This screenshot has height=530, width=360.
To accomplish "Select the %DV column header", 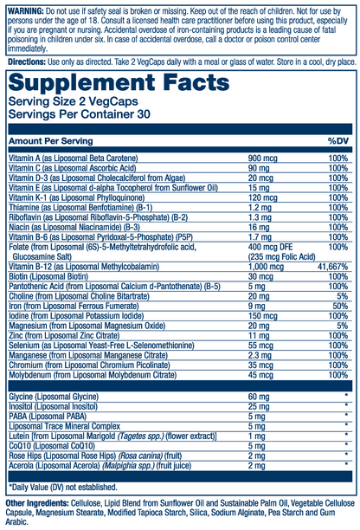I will [337, 139].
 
